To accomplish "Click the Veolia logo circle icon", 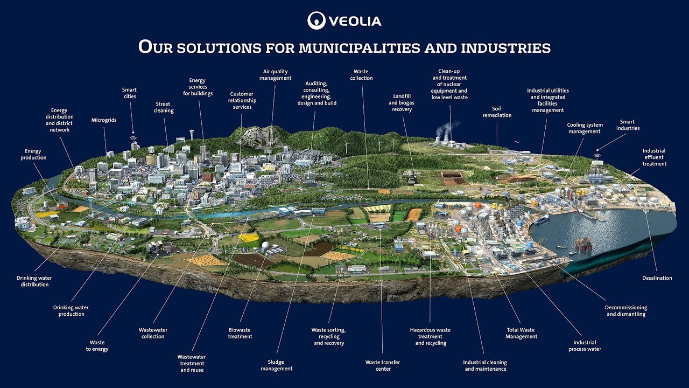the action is (316, 20).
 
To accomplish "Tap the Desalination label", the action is (657, 278).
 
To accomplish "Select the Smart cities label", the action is (129, 93).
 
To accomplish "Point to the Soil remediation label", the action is (497, 112).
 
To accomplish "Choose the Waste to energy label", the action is (97, 346).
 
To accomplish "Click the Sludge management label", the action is (276, 365).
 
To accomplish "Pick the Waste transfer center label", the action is (383, 365).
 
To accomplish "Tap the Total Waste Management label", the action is (521, 333).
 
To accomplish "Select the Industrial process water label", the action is (585, 345).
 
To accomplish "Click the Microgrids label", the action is (104, 120).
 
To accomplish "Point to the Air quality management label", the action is (275, 74).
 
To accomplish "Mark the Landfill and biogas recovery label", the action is (400, 102).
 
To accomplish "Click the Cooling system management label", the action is (585, 128).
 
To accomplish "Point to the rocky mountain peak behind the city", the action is (257, 135).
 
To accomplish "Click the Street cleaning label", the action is (164, 107).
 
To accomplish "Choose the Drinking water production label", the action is (71, 311).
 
